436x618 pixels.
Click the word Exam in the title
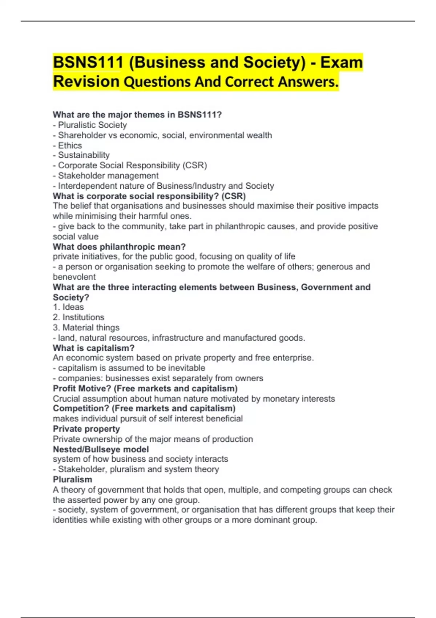coord(341,63)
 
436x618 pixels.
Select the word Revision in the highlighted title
coord(86,81)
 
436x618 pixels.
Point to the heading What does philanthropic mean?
coord(119,247)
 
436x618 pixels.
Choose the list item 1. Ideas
coord(68,307)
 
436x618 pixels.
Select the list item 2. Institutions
coord(78,317)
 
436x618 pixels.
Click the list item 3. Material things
coord(86,328)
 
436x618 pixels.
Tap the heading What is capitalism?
coord(93,348)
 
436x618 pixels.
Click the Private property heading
coord(86,429)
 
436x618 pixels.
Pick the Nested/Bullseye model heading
coord(101,449)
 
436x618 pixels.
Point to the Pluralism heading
coord(72,479)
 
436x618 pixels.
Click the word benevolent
coord(74,277)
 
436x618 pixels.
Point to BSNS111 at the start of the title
coord(88,63)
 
